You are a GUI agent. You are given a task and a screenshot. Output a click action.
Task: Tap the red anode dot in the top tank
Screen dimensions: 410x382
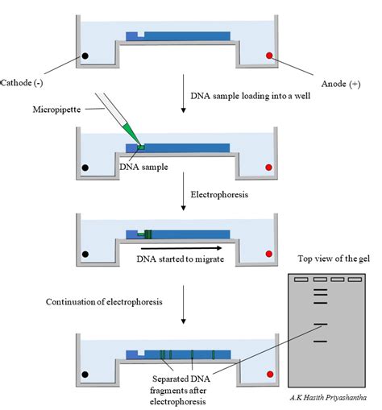[270, 56]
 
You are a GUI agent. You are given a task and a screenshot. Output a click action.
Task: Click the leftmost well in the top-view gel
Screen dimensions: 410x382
[299, 279]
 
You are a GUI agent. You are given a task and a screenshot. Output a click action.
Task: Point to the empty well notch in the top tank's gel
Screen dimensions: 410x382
[141, 35]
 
